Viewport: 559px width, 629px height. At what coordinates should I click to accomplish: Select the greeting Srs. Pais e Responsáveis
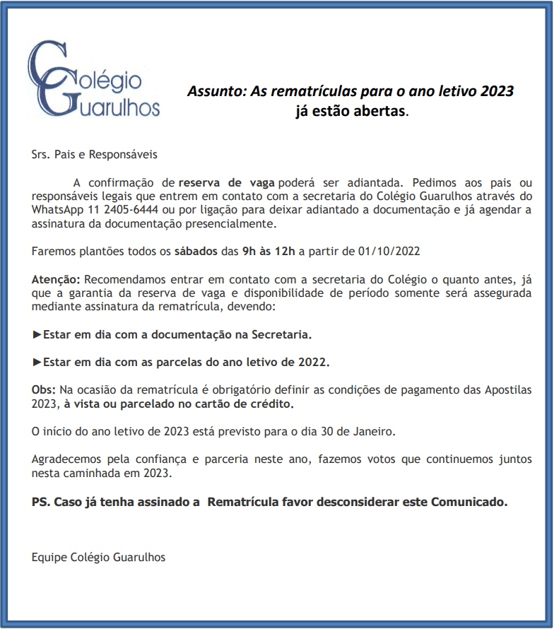95,153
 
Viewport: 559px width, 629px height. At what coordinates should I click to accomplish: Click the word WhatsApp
57,211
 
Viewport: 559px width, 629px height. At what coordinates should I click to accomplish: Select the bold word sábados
196,251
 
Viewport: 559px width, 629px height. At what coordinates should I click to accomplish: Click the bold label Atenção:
56,279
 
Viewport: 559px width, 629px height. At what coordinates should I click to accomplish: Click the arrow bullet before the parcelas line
37,361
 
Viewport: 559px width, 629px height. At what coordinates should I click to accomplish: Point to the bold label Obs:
44,390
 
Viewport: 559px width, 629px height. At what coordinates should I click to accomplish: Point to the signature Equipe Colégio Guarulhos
98,557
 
